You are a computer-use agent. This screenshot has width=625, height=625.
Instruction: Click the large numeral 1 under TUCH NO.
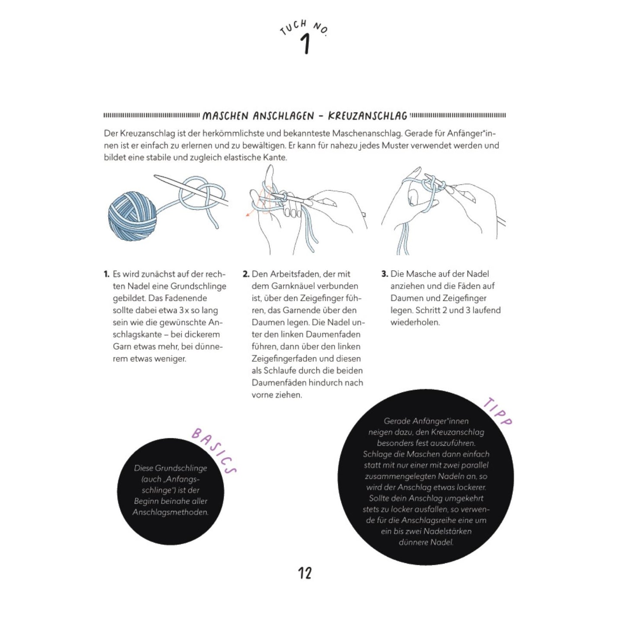point(305,45)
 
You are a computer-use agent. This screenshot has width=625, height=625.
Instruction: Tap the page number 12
point(304,574)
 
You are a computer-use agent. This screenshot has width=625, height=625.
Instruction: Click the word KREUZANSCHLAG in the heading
point(368,116)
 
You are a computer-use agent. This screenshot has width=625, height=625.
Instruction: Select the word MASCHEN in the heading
point(225,116)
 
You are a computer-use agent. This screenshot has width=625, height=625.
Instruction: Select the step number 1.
point(106,274)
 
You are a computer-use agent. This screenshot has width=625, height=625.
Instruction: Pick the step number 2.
point(246,274)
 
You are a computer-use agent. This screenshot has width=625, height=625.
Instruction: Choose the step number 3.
point(385,274)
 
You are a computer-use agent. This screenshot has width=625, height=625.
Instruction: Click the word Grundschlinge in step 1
point(199,286)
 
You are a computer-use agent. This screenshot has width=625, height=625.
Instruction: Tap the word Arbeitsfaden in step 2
point(296,274)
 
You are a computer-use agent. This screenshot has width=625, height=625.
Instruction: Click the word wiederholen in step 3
point(415,323)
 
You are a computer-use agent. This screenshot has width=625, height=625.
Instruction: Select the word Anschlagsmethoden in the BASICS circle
point(170,513)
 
